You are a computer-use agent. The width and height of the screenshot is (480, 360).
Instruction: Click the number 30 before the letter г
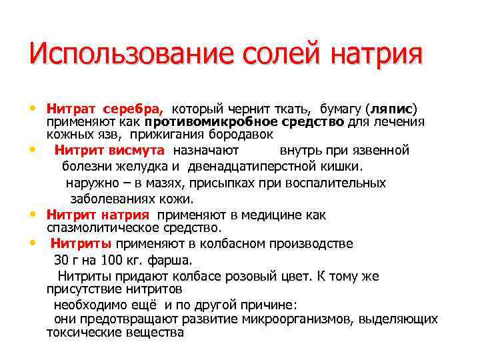click(x=61, y=260)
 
